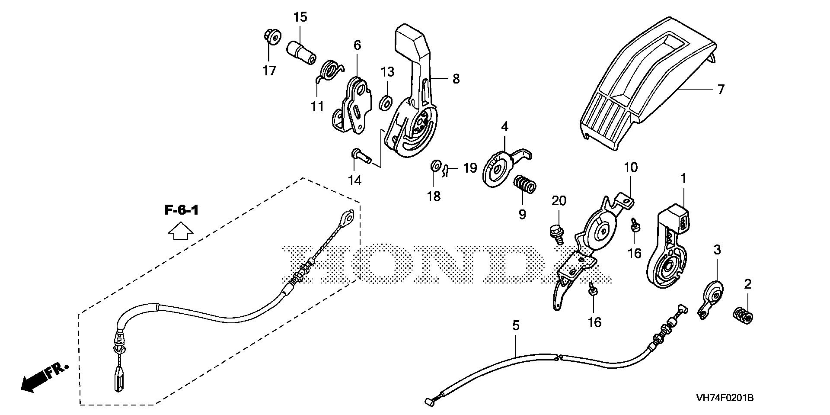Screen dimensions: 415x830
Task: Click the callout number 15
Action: tap(300, 17)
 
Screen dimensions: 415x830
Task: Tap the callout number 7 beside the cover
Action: tap(720, 89)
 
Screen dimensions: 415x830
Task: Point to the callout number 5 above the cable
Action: tap(516, 326)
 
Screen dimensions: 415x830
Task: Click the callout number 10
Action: tap(631, 167)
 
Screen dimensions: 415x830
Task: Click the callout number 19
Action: tap(470, 167)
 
